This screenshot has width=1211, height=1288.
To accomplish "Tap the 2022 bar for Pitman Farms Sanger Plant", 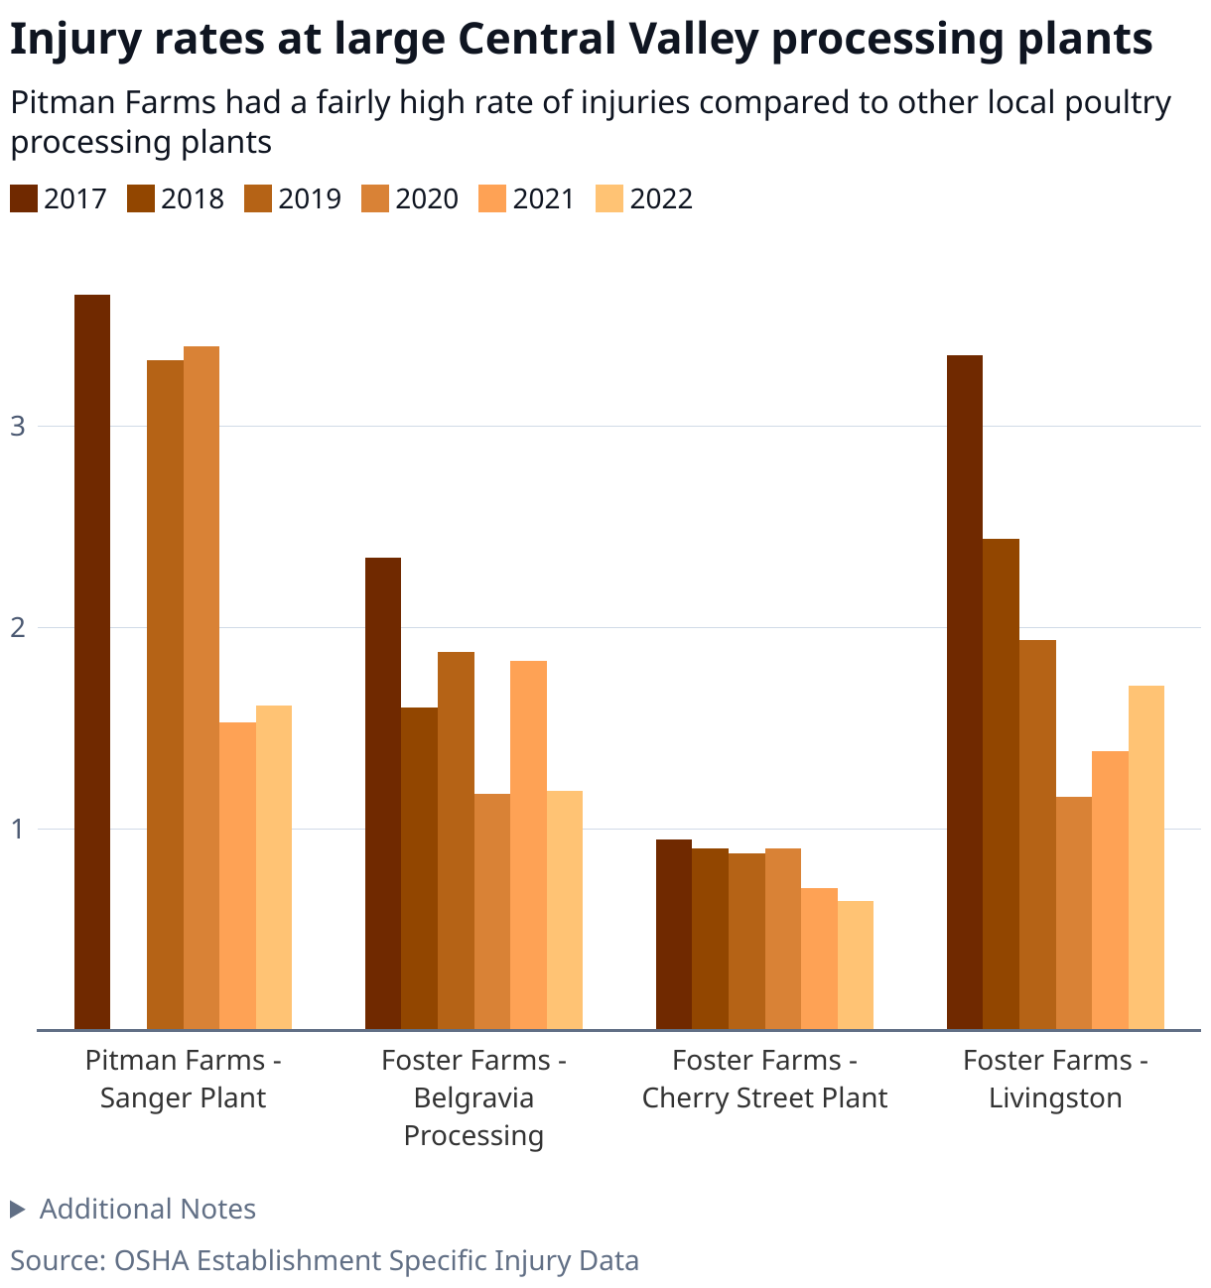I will pyautogui.click(x=274, y=867).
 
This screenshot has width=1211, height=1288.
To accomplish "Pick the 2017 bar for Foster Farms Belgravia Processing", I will pyautogui.click(x=383, y=794).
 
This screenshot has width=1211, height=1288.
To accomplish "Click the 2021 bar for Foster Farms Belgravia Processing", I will pyautogui.click(x=528, y=845).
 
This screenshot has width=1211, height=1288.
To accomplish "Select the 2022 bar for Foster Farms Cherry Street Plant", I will pyautogui.click(x=856, y=965).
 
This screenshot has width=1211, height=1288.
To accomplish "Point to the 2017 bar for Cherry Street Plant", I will pyautogui.click(x=674, y=934).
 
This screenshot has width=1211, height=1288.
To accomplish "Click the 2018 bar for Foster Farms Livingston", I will pyautogui.click(x=1001, y=784).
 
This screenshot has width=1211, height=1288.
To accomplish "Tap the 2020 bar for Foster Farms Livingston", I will pyautogui.click(x=1074, y=913).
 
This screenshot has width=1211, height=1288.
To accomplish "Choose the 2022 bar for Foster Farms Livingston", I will pyautogui.click(x=1146, y=857).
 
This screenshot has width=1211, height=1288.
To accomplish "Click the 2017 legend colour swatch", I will pyautogui.click(x=24, y=198).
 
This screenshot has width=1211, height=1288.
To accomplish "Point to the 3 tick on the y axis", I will pyautogui.click(x=17, y=427).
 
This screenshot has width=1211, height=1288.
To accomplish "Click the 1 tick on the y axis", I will pyautogui.click(x=17, y=830).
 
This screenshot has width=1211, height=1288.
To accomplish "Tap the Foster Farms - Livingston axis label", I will pyautogui.click(x=1055, y=1079).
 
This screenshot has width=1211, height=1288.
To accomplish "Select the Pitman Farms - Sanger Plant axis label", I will pyautogui.click(x=184, y=1079).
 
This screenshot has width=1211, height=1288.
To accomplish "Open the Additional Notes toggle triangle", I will pyautogui.click(x=17, y=1209).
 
